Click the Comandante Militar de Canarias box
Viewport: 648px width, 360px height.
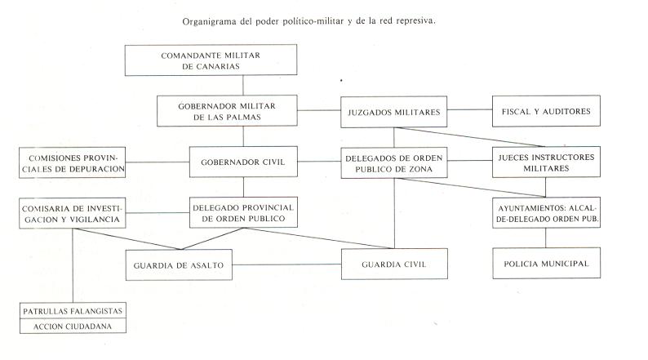pos(211,60)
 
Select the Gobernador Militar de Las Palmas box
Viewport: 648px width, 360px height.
pos(227,111)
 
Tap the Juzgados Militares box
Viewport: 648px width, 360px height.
pos(394,112)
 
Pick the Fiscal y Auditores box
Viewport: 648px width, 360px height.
pos(546,111)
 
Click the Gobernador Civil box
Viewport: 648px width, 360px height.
pos(243,162)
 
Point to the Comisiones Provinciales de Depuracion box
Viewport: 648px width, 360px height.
pos(73,162)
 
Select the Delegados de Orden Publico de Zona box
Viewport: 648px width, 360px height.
pos(394,162)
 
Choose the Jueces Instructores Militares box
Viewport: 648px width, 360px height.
pos(546,162)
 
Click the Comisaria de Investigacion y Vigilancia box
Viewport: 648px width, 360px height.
pos(73,213)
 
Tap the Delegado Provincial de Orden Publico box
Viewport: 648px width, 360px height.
pos(243,212)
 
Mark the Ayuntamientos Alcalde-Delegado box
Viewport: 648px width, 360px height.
pos(546,213)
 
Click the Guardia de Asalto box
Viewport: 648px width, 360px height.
pos(179,265)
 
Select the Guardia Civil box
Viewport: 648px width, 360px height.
pos(394,264)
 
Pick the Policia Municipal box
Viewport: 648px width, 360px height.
pos(546,264)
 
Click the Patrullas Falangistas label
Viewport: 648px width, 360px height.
pos(73,311)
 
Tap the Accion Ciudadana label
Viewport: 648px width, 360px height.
pos(73,327)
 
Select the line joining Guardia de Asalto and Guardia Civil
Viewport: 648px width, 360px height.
pos(286,264)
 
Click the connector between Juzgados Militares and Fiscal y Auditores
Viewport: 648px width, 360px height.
pos(469,110)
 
